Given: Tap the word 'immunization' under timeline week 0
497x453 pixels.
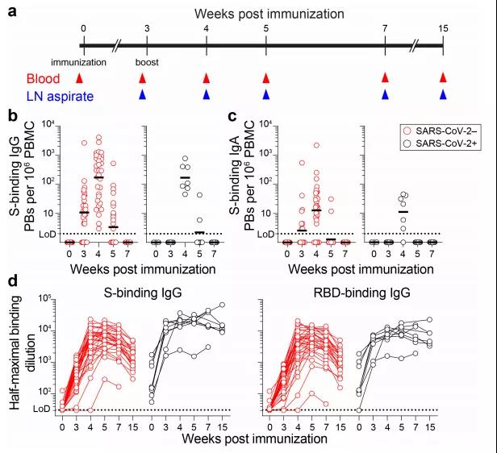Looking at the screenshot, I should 78,61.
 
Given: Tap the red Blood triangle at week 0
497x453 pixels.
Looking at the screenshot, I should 78,78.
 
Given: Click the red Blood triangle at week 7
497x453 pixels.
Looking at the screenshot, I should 385,78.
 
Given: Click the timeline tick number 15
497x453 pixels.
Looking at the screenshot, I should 443,28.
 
